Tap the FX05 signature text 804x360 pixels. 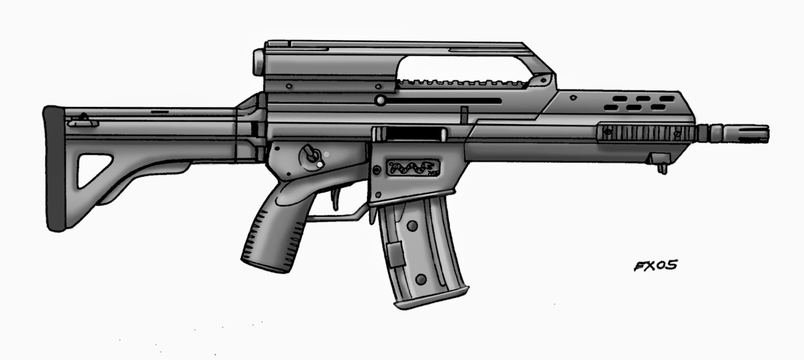[654, 265]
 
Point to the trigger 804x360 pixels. [334, 196]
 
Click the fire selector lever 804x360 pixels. [309, 153]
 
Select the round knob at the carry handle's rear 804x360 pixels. [257, 61]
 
